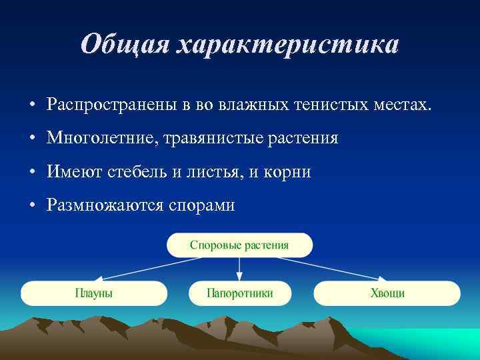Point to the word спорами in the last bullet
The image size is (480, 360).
(x=201, y=205)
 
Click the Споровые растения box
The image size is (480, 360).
(x=239, y=245)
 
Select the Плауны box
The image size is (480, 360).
(x=94, y=293)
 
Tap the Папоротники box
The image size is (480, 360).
(x=240, y=293)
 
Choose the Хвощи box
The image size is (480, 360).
(x=387, y=293)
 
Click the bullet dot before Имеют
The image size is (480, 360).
(x=32, y=173)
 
